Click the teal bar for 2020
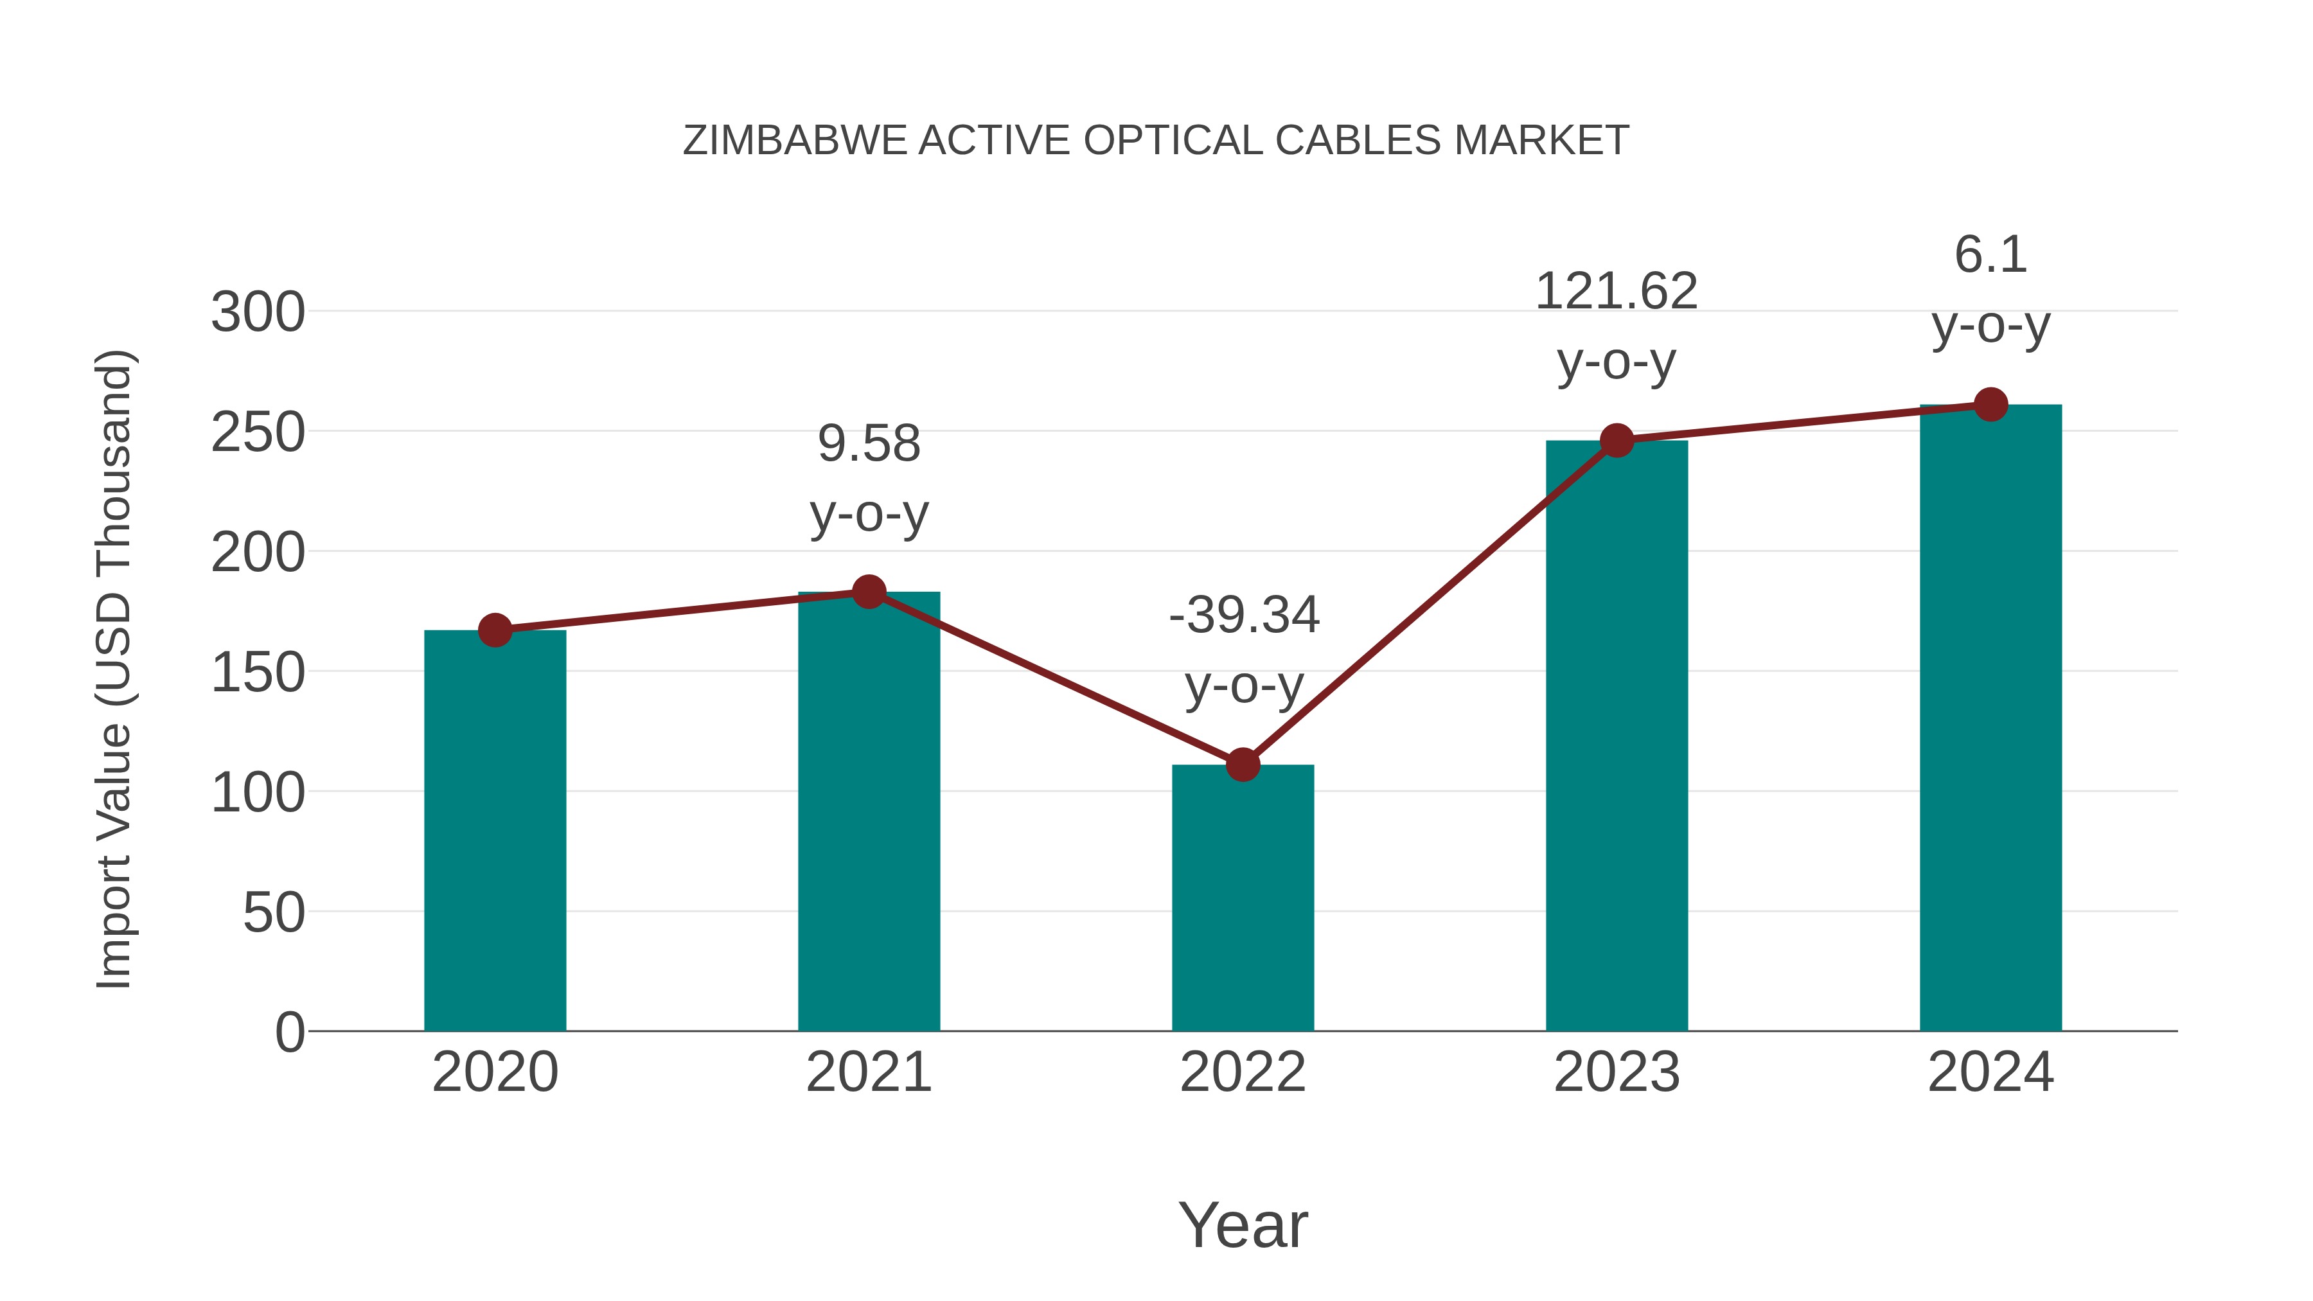(495, 831)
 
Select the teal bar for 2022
(1243, 898)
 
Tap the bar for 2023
(1617, 736)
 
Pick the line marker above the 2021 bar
(868, 592)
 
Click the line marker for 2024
(1990, 405)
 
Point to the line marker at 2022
(1243, 765)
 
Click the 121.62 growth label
(1617, 292)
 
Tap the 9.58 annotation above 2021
(868, 445)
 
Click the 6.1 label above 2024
(1990, 255)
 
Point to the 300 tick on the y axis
(258, 314)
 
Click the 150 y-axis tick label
(258, 673)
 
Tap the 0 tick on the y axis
(290, 1032)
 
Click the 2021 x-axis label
(868, 1072)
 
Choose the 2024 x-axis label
(1990, 1072)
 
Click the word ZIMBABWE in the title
(795, 141)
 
